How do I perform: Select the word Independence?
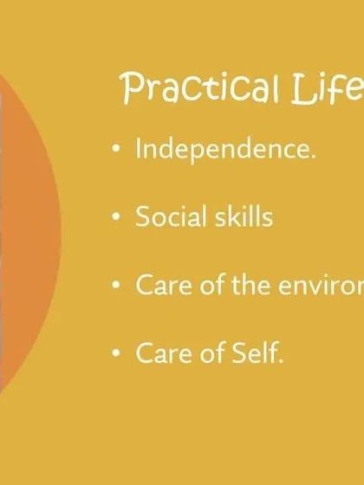point(224,149)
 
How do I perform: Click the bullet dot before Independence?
point(117,150)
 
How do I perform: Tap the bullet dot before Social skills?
point(117,217)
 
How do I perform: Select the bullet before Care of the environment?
point(117,286)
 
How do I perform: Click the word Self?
point(258,353)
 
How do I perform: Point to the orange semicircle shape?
point(26,234)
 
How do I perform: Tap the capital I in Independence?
point(139,149)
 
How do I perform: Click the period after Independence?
point(312,157)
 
